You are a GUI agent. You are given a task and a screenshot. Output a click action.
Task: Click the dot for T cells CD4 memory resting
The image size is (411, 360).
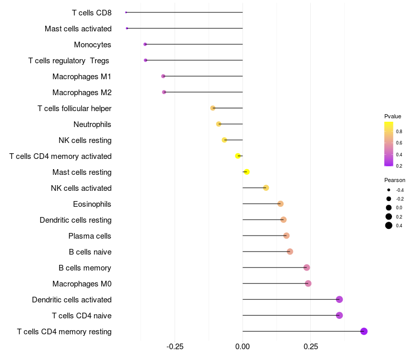[364, 331]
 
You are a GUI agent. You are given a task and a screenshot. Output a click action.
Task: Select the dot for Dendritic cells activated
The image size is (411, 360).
[339, 299]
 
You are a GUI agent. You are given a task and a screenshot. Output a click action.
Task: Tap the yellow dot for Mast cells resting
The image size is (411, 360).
[247, 172]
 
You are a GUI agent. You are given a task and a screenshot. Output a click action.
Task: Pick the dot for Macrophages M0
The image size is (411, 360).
[308, 283]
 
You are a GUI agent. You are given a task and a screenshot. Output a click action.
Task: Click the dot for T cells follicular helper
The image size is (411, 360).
[213, 108]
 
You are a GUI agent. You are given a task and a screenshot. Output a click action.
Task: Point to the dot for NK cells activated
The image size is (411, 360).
[266, 188]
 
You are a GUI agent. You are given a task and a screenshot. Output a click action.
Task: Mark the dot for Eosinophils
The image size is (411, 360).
[280, 204]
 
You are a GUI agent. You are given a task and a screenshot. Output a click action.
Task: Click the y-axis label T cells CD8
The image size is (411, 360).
[91, 12]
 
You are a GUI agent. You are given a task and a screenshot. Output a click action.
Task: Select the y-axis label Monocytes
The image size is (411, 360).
[92, 45]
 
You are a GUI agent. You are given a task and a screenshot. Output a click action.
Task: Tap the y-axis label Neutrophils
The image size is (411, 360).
[92, 124]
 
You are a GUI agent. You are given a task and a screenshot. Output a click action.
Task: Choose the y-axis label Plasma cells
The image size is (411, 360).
[90, 236]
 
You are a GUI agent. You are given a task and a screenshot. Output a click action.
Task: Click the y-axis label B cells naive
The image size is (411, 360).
[90, 252]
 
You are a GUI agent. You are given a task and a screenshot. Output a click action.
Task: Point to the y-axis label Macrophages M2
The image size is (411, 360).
[82, 93]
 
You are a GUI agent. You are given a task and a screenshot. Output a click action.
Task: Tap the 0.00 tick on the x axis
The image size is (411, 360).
[242, 347]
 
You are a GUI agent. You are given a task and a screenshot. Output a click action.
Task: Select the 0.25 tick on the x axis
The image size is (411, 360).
[310, 347]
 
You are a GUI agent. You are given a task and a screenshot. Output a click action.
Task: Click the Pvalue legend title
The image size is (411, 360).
[393, 116]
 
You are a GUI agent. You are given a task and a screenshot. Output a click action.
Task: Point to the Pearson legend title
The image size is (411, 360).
[395, 181]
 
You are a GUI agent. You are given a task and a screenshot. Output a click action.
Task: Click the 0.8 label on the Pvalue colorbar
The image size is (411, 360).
[399, 131]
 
